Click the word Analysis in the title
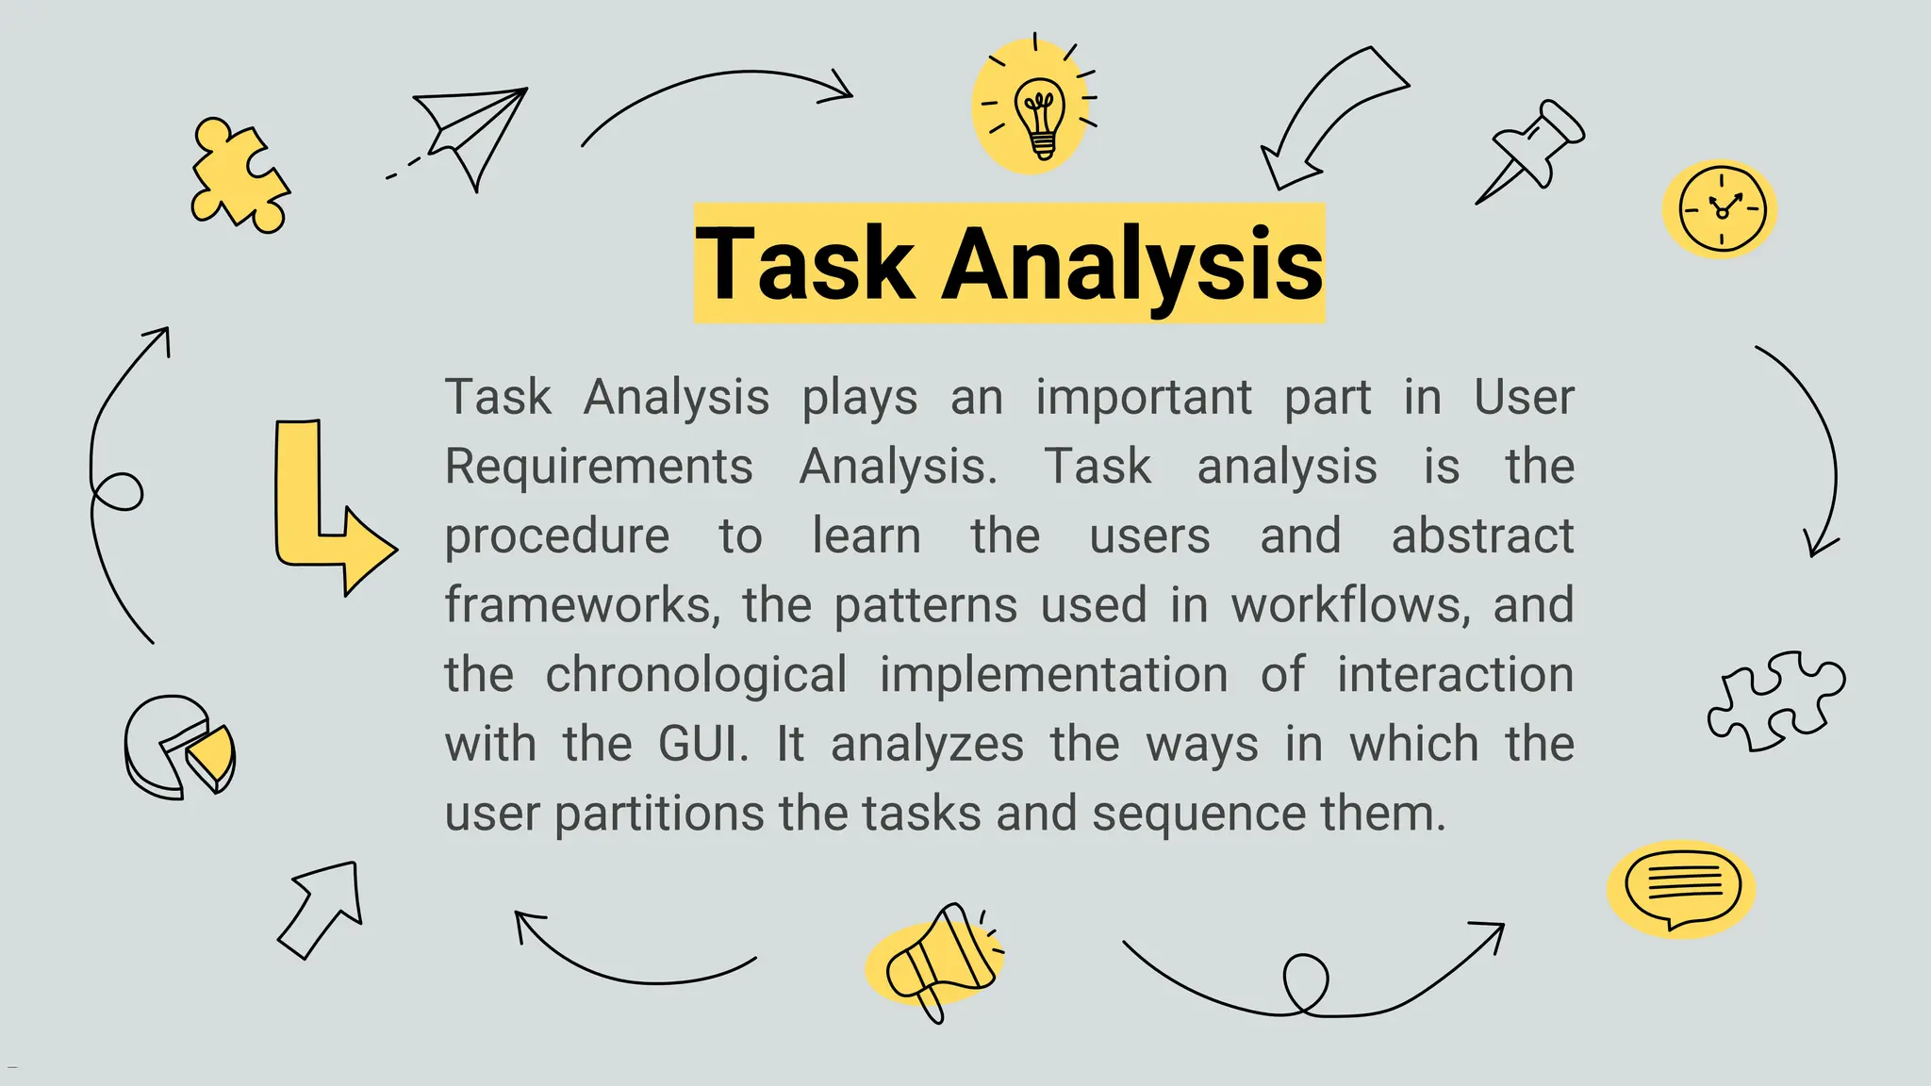point(1132,265)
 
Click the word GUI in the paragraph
point(702,744)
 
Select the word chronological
point(696,675)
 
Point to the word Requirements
point(599,467)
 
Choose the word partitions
point(659,814)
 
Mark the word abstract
point(1482,536)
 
